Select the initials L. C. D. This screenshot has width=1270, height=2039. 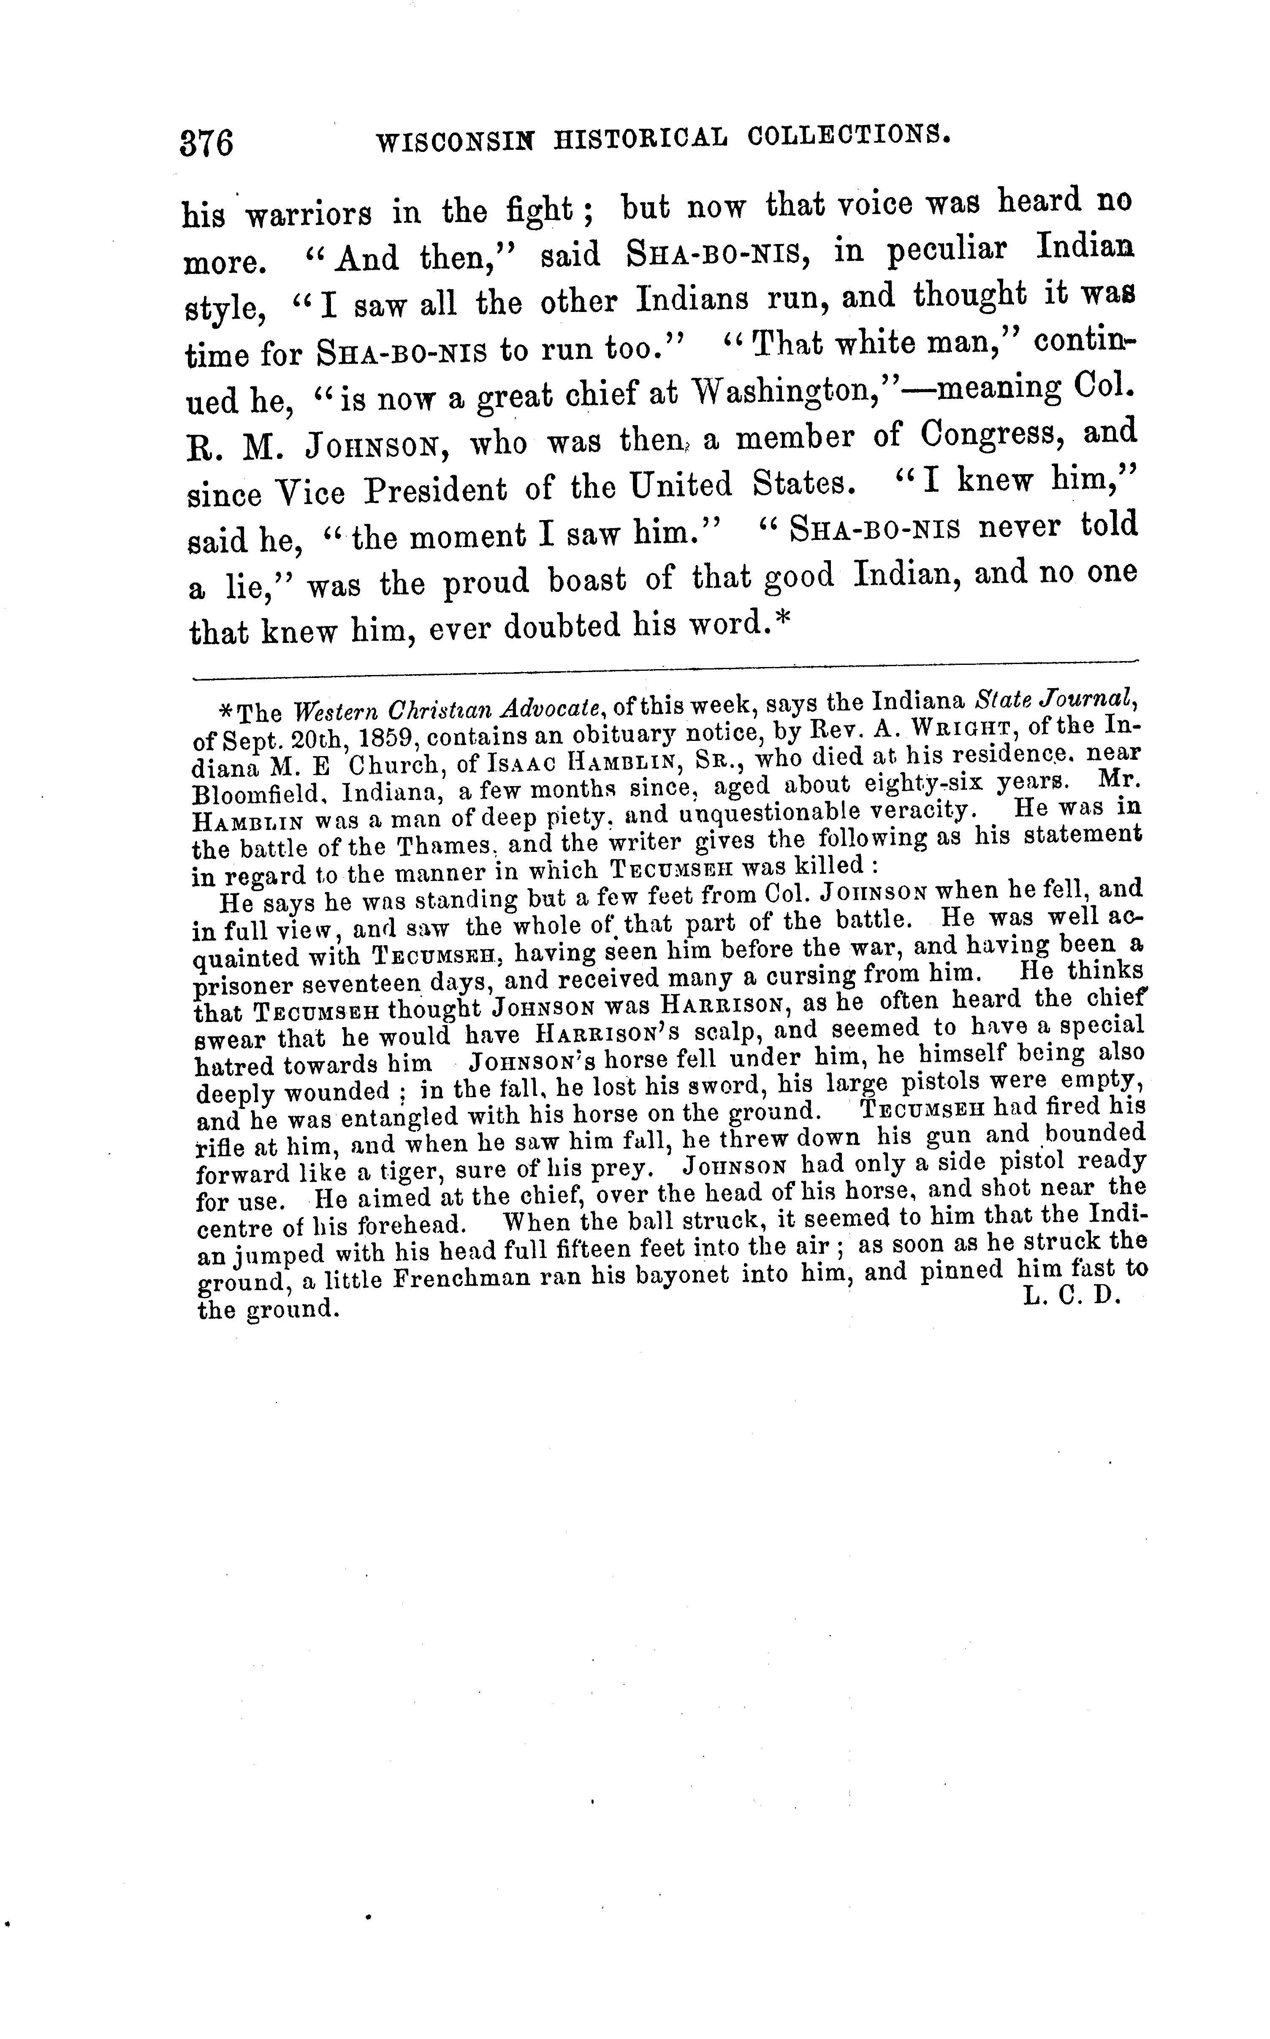[x=1073, y=1296]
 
